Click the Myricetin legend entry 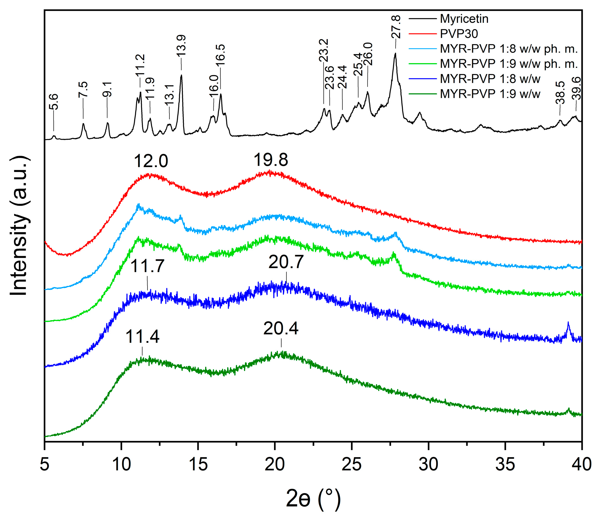(x=464, y=19)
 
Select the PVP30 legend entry (x=459, y=34)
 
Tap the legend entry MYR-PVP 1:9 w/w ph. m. (x=508, y=64)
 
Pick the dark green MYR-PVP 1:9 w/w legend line (x=422, y=94)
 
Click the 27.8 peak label (x=396, y=27)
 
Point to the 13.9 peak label (x=181, y=46)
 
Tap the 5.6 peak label (x=54, y=102)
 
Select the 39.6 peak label (x=577, y=88)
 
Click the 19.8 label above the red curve (x=271, y=160)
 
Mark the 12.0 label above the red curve (x=151, y=161)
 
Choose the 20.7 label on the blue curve (x=286, y=262)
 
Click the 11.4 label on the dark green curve (x=142, y=337)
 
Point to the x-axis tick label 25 (x=351, y=464)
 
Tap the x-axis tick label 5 (x=44, y=464)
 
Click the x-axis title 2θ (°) (x=313, y=498)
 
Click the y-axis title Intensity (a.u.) (x=19, y=226)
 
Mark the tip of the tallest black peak (x=395, y=53)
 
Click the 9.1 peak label (x=107, y=89)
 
